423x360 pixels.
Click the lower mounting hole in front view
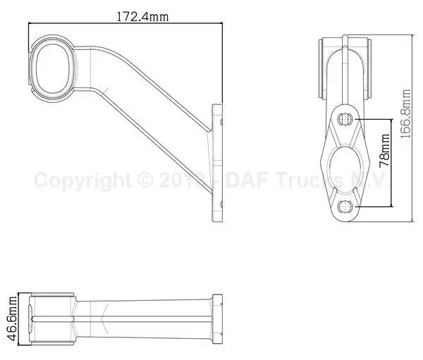(345, 206)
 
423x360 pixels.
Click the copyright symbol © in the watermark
(146, 181)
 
